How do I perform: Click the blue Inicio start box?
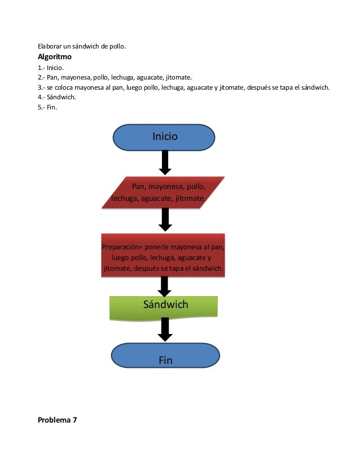pyautogui.click(x=164, y=137)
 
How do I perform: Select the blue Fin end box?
pyautogui.click(x=165, y=355)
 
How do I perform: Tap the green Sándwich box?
pyautogui.click(x=164, y=306)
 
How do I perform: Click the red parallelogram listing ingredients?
pyautogui.click(x=163, y=192)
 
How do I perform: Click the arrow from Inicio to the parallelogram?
pyautogui.click(x=165, y=162)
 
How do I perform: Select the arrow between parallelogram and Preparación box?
pyautogui.click(x=165, y=219)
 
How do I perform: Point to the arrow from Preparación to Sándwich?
pyautogui.click(x=165, y=287)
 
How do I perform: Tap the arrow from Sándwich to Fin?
pyautogui.click(x=165, y=329)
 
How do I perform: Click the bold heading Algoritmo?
pyautogui.click(x=54, y=57)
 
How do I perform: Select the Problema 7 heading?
pyautogui.click(x=57, y=420)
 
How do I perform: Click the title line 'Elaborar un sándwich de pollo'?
pyautogui.click(x=81, y=46)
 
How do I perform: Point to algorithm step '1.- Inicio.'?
pyautogui.click(x=51, y=68)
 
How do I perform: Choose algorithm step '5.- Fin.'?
pyautogui.click(x=47, y=107)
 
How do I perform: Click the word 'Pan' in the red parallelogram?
pyautogui.click(x=138, y=186)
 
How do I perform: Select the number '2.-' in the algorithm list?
pyautogui.click(x=42, y=78)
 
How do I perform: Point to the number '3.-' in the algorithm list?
pyautogui.click(x=42, y=87)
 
